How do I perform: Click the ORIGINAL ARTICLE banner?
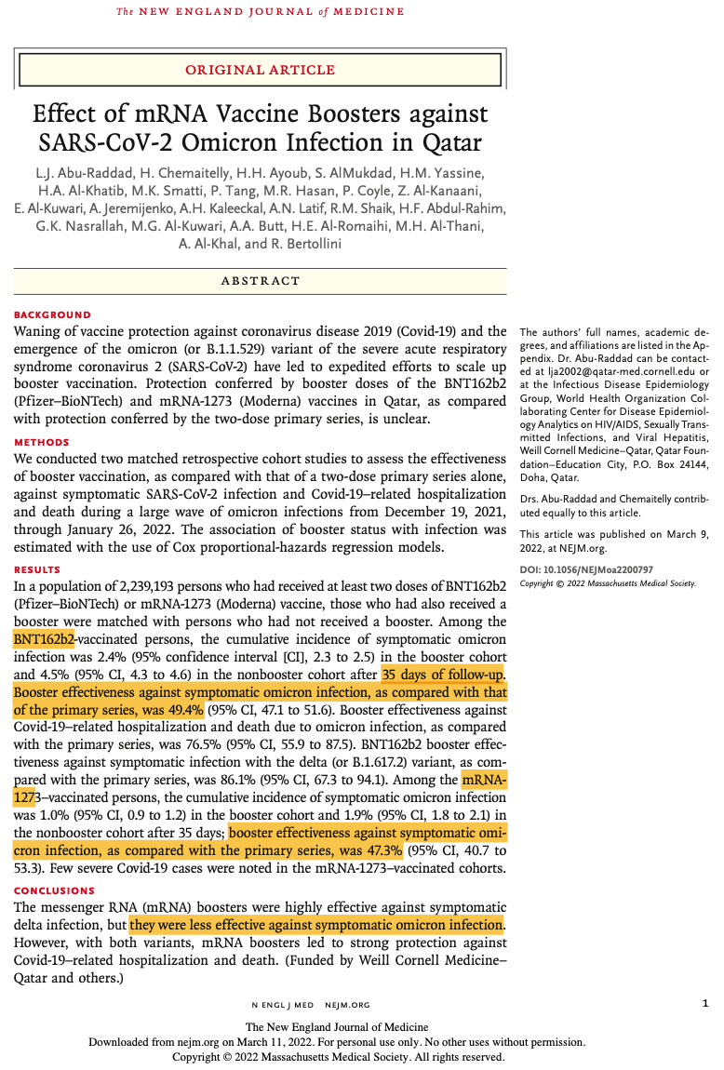pos(260,70)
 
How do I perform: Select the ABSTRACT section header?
pos(260,281)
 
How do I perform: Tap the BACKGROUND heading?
pos(52,314)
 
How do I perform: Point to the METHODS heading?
pos(42,442)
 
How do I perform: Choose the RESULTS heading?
pos(38,569)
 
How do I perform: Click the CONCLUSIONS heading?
pos(55,890)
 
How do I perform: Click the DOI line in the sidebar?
pos(586,568)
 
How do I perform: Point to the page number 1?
pos(705,1003)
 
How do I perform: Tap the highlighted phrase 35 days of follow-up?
pos(443,675)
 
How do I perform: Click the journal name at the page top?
pos(260,12)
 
